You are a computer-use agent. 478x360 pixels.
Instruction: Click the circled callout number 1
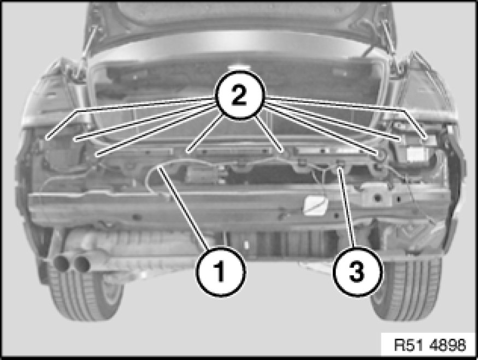pyautogui.click(x=220, y=272)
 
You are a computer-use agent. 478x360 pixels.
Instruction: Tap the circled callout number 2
pyautogui.click(x=240, y=95)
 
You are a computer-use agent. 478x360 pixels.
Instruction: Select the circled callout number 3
pyautogui.click(x=357, y=272)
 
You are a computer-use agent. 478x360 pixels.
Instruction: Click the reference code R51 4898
pyautogui.click(x=430, y=345)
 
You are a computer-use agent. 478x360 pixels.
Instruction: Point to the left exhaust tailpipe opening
pyautogui.click(x=61, y=263)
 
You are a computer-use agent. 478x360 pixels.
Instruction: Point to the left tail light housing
pyautogui.click(x=52, y=95)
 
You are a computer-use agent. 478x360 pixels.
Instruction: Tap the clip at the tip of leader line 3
pyautogui.click(x=340, y=163)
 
